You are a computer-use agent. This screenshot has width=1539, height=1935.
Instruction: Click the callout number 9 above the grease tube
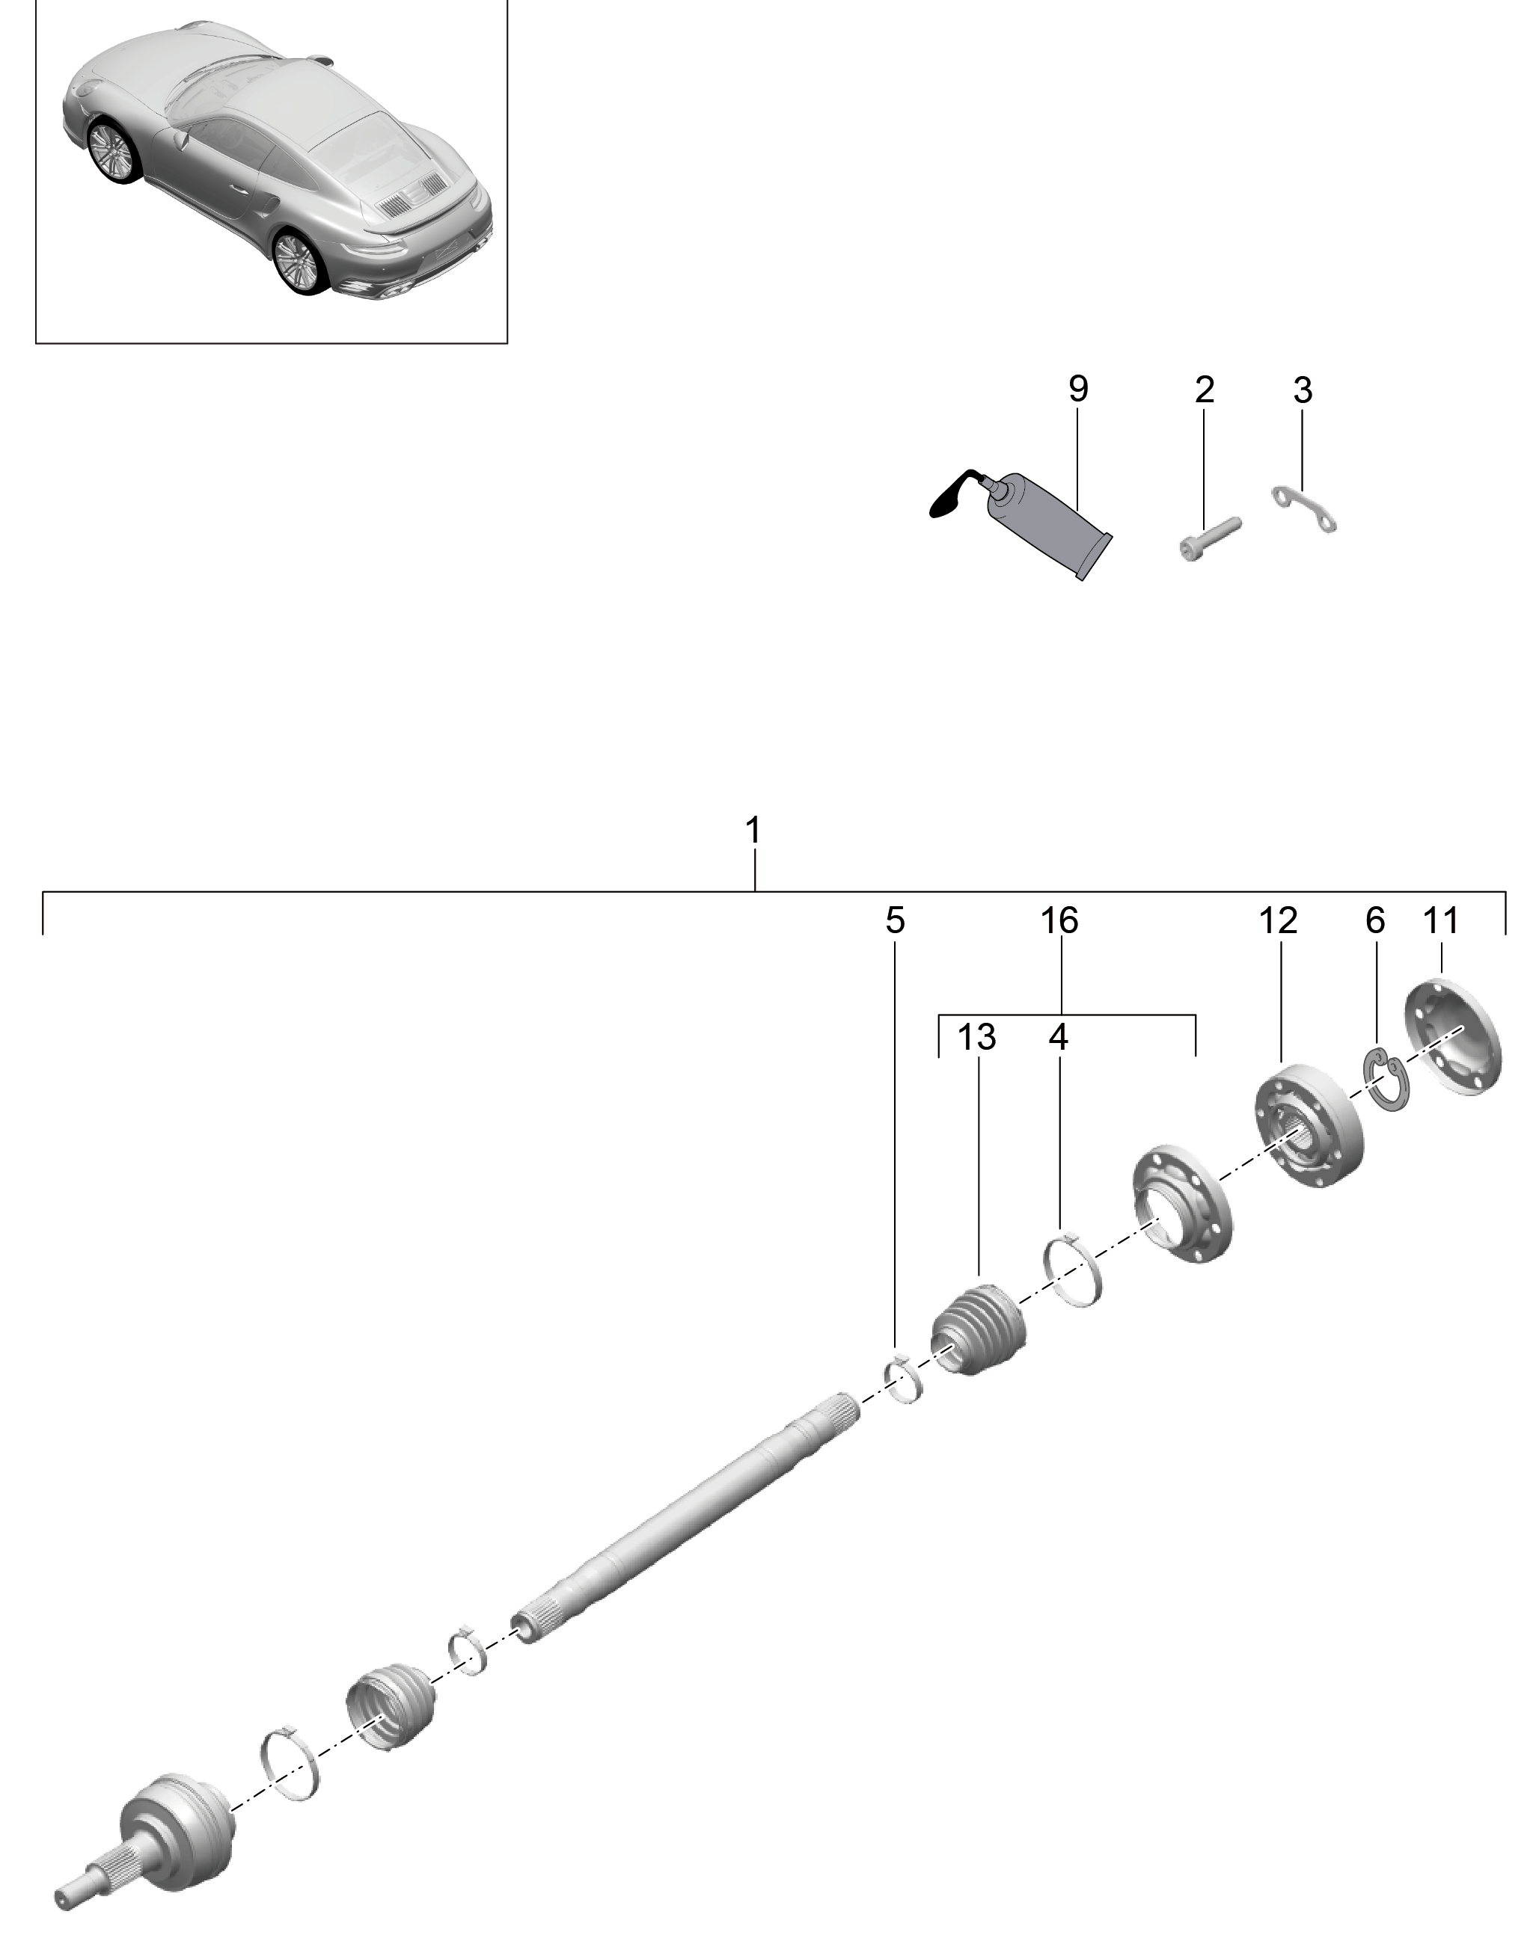click(1077, 389)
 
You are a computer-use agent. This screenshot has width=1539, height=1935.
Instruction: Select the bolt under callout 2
click(1208, 538)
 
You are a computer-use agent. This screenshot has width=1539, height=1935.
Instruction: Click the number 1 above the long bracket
click(753, 830)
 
